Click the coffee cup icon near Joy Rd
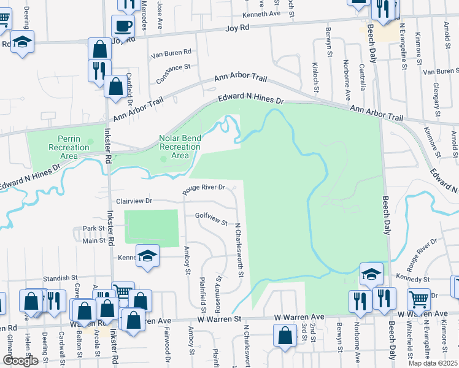[x=123, y=26]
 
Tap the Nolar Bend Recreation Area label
[x=180, y=147]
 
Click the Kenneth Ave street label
[x=261, y=13]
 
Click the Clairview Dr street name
[x=133, y=201]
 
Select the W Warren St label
[x=219, y=320]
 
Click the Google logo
[x=21, y=360]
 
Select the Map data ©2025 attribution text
[x=433, y=363]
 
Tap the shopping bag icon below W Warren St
[x=285, y=335]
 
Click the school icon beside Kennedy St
[x=371, y=274]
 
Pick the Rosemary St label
[x=218, y=283]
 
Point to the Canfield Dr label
[x=130, y=83]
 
